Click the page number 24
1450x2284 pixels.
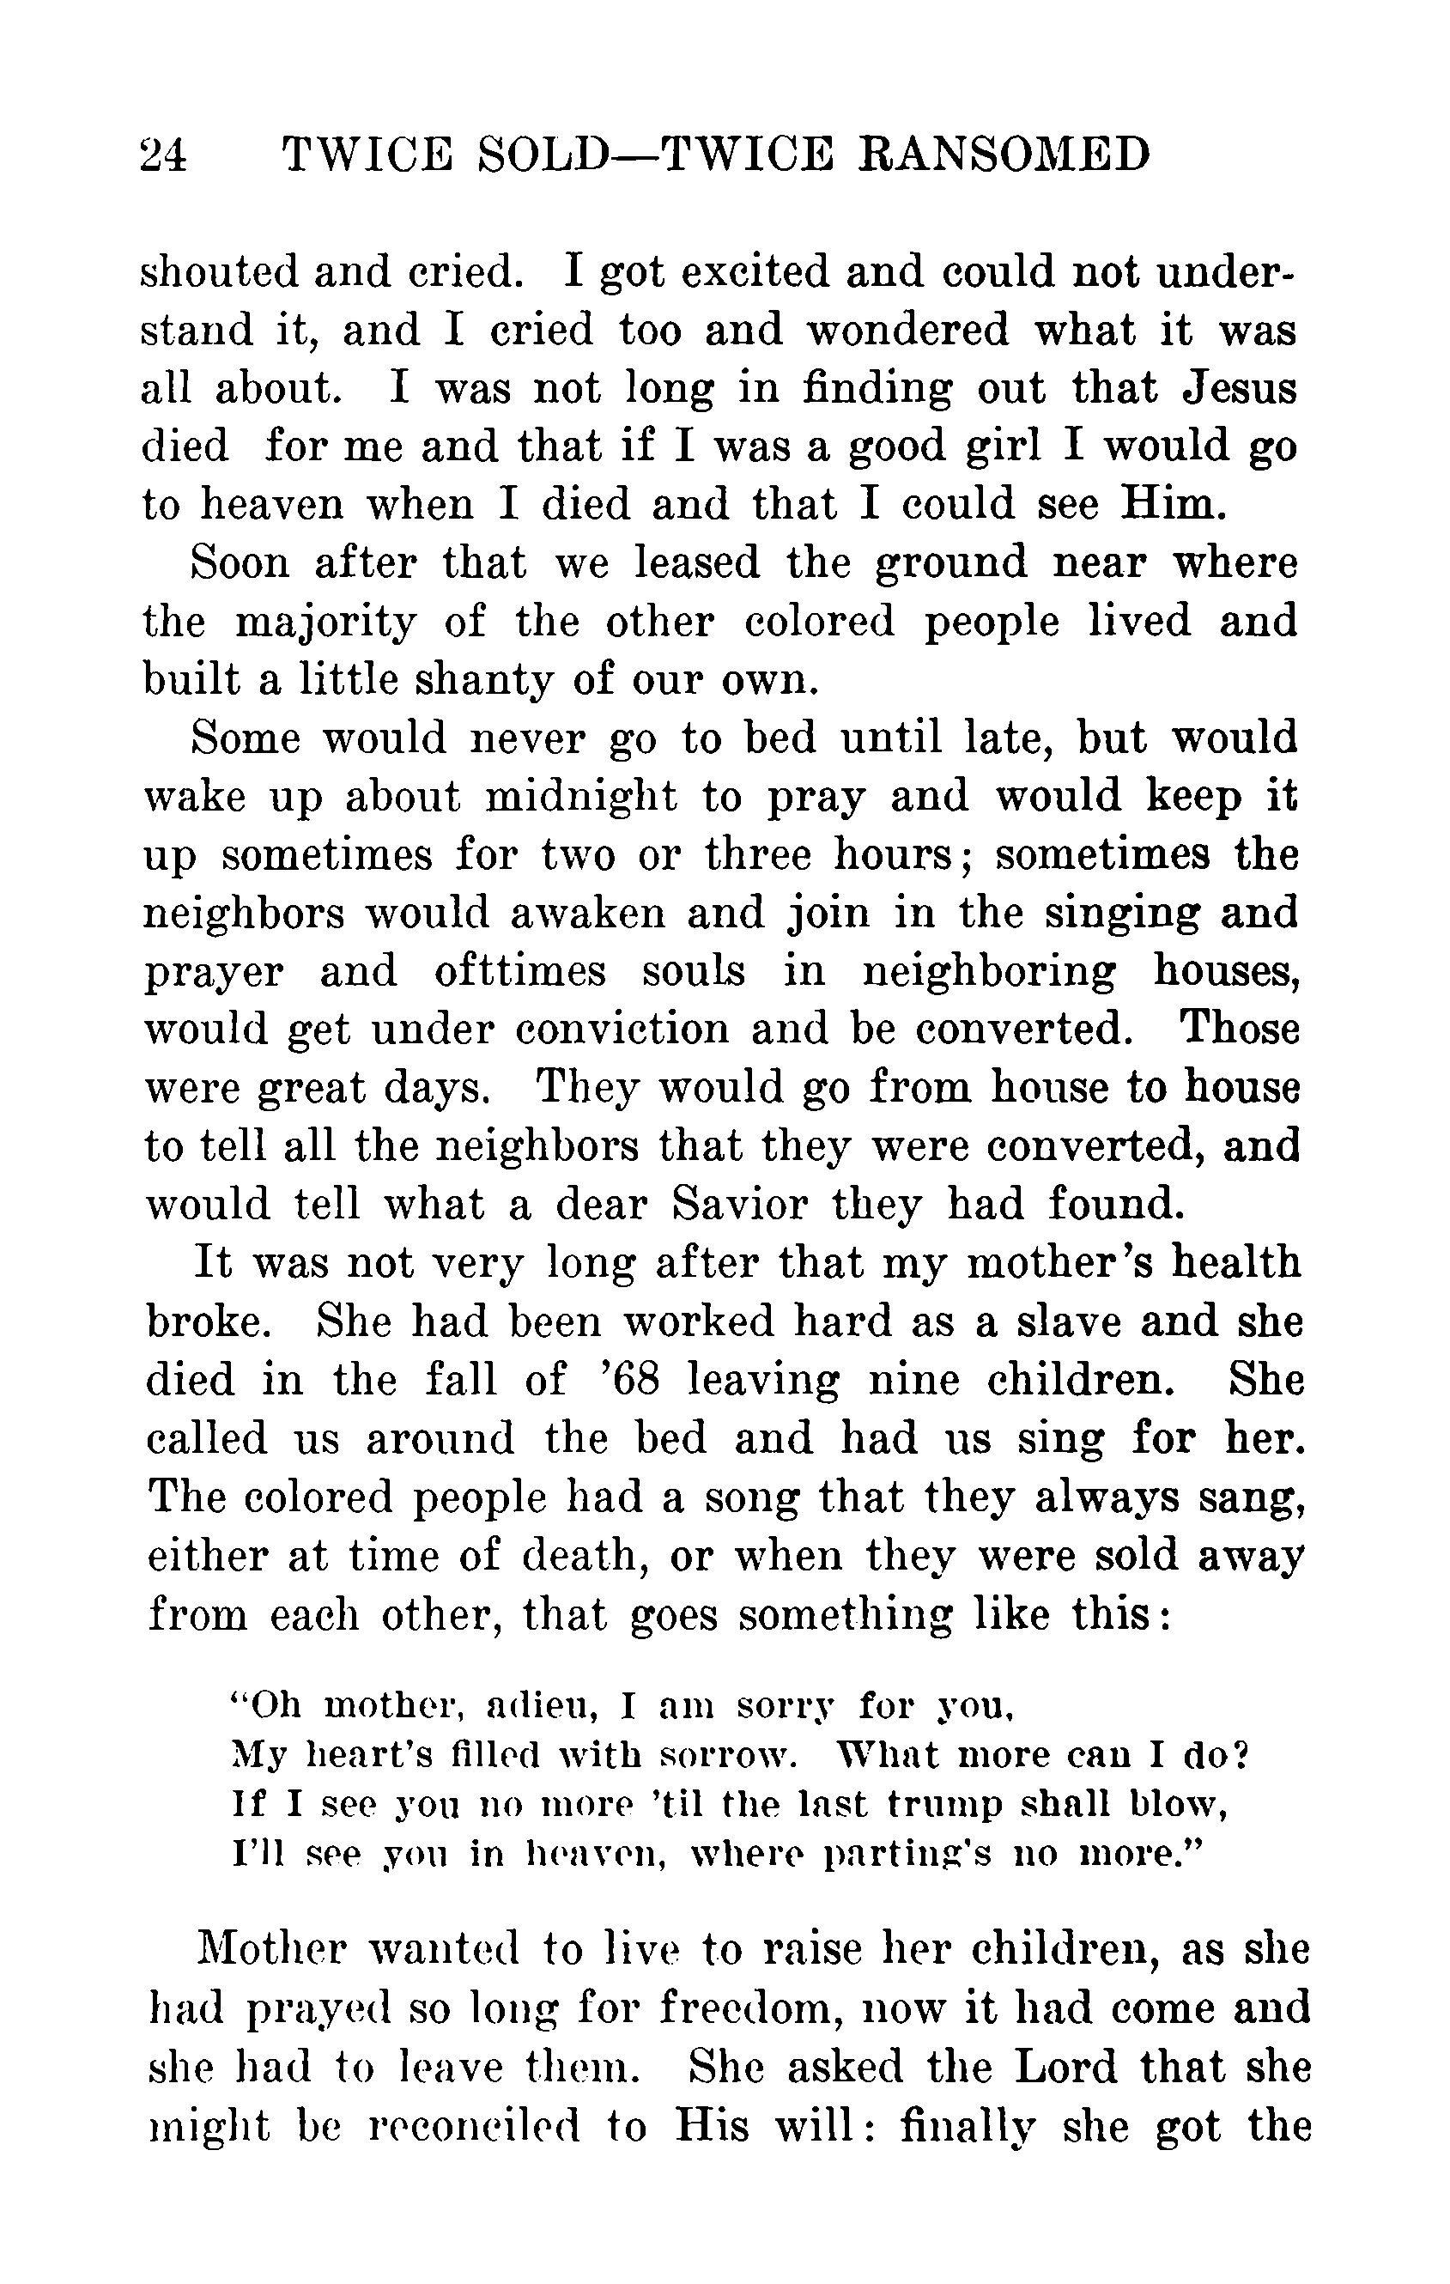(x=163, y=155)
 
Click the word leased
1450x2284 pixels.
(x=697, y=563)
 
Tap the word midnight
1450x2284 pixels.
(x=581, y=798)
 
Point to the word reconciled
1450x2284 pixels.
(x=458, y=2127)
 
